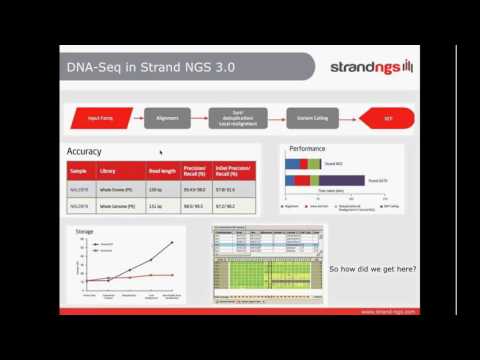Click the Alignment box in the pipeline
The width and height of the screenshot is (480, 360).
pos(166,117)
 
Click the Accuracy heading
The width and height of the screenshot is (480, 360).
pos(84,151)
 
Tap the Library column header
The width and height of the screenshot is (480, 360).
pos(122,170)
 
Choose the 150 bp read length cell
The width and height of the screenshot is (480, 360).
pos(157,188)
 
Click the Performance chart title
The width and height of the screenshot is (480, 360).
pos(306,148)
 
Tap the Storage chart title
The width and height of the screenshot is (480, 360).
pos(85,231)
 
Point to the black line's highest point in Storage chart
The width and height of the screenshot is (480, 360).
pos(172,242)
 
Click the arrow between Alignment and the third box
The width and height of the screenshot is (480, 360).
pos(198,117)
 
